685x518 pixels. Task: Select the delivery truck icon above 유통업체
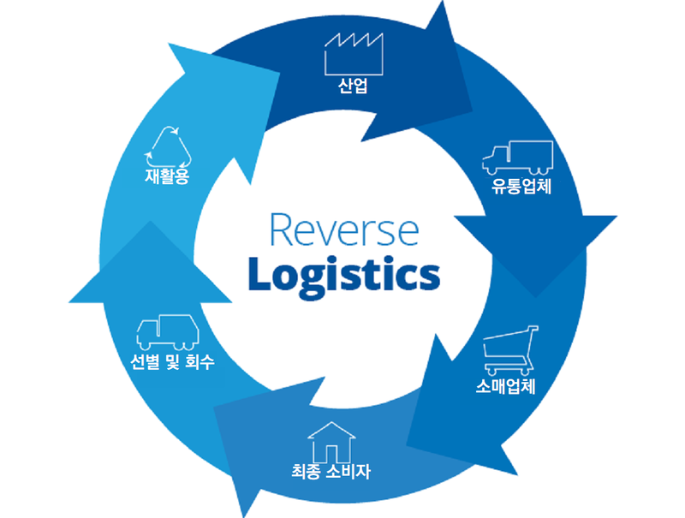tap(517, 158)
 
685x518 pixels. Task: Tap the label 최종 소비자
tap(331, 471)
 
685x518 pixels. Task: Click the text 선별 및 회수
tap(172, 361)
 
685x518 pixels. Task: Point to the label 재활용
tap(167, 177)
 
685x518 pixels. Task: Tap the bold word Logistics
tap(343, 274)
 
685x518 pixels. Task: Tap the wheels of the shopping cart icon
tap(510, 370)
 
